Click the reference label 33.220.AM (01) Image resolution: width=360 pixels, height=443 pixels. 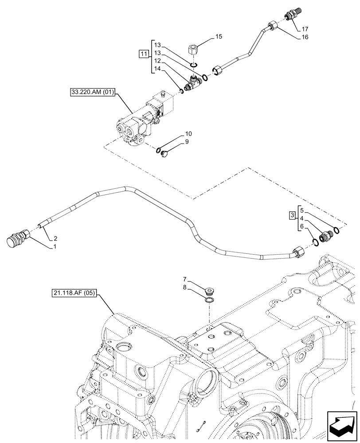(92, 93)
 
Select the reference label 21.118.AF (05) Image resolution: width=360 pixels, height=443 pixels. (74, 293)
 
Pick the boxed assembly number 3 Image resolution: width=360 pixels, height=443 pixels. (291, 215)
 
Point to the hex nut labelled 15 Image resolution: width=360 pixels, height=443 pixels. (193, 48)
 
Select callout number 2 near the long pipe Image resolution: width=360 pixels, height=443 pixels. (55, 238)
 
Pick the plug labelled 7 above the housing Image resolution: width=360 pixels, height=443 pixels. (210, 291)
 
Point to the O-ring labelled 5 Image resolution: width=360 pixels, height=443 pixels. (337, 230)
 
